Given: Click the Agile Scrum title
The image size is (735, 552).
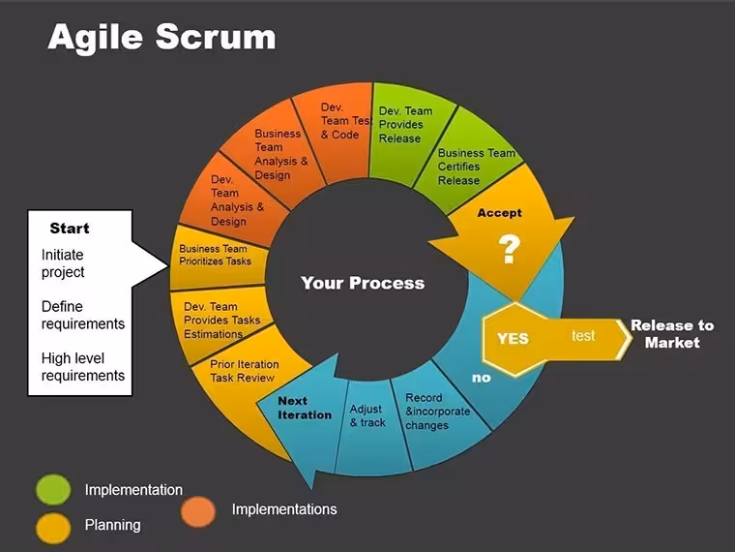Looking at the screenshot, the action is [x=162, y=37].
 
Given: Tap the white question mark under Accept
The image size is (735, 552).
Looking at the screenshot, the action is [x=509, y=249].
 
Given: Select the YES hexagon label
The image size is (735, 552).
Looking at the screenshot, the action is [x=513, y=338].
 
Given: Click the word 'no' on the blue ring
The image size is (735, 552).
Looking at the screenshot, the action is [x=482, y=378].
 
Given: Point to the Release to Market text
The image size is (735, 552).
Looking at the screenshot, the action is [x=672, y=334].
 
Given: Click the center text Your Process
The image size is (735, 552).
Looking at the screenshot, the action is [x=363, y=283].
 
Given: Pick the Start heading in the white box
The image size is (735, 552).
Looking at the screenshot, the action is [x=70, y=229].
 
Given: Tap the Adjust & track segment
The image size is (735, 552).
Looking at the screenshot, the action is [x=368, y=415].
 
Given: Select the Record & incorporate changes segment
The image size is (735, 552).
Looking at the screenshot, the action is [x=438, y=412].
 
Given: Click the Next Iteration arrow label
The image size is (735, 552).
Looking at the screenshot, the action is [x=305, y=408].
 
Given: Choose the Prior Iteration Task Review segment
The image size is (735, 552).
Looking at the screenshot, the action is [x=245, y=371].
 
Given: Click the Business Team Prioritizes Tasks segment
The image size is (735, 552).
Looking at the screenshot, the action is [x=215, y=255].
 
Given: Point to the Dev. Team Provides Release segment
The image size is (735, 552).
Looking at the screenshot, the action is [x=405, y=125].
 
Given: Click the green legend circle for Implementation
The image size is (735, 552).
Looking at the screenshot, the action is [x=53, y=490].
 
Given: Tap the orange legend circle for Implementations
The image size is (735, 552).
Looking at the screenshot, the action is [x=198, y=511].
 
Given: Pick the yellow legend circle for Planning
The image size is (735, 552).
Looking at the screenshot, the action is [x=53, y=528].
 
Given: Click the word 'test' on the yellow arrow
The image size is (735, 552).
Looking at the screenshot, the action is [x=583, y=336].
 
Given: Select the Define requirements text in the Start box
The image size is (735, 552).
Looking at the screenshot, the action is [x=83, y=315].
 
